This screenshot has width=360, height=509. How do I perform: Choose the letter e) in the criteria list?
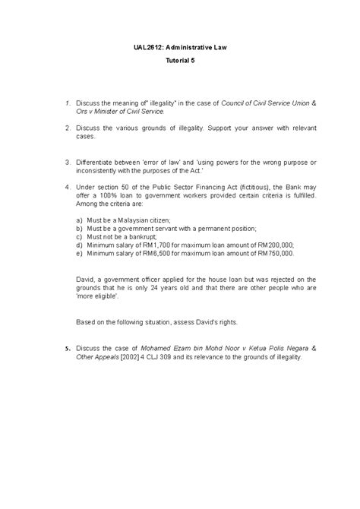(x=80, y=254)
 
